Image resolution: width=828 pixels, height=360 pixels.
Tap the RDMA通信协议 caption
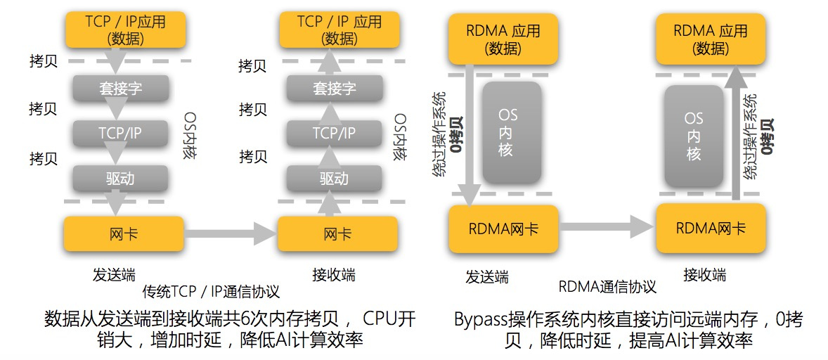point(607,286)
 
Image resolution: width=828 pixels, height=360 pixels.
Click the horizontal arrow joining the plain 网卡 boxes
point(230,233)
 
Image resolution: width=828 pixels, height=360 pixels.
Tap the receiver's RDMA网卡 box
point(711,228)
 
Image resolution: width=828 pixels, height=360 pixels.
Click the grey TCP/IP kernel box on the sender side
point(120,133)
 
